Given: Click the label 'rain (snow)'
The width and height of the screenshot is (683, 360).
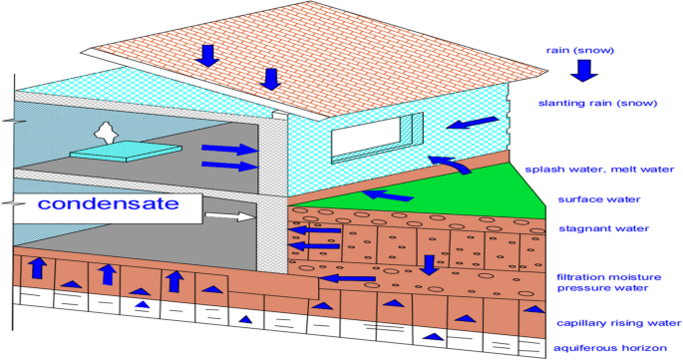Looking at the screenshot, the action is (x=580, y=49).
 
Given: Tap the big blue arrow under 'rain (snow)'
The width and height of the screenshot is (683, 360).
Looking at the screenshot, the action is (x=581, y=71).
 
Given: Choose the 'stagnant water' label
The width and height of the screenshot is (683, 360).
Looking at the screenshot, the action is (x=590, y=229).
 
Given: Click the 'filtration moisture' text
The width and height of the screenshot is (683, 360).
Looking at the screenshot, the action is (x=603, y=275).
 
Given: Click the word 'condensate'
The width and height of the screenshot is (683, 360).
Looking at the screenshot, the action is (x=109, y=204).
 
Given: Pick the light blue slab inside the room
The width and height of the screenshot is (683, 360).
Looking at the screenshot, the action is (x=125, y=151).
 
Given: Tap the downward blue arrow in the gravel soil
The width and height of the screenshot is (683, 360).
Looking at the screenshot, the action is (x=428, y=264).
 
